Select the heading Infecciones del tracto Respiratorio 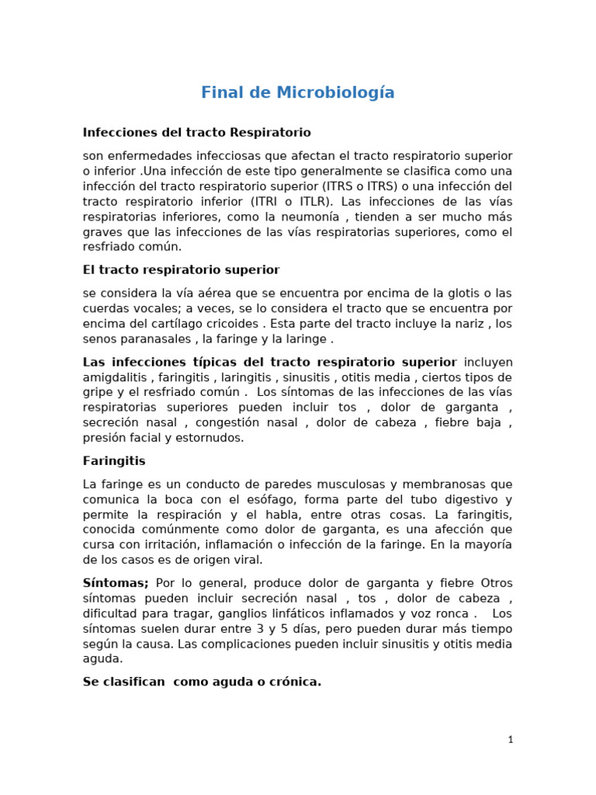pyautogui.click(x=196, y=133)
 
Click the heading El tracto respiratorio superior pyautogui.click(x=181, y=270)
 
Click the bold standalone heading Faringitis pyautogui.click(x=114, y=461)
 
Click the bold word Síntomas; pyautogui.click(x=116, y=583)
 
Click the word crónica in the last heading pyautogui.click(x=292, y=682)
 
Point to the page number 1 pyautogui.click(x=510, y=740)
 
